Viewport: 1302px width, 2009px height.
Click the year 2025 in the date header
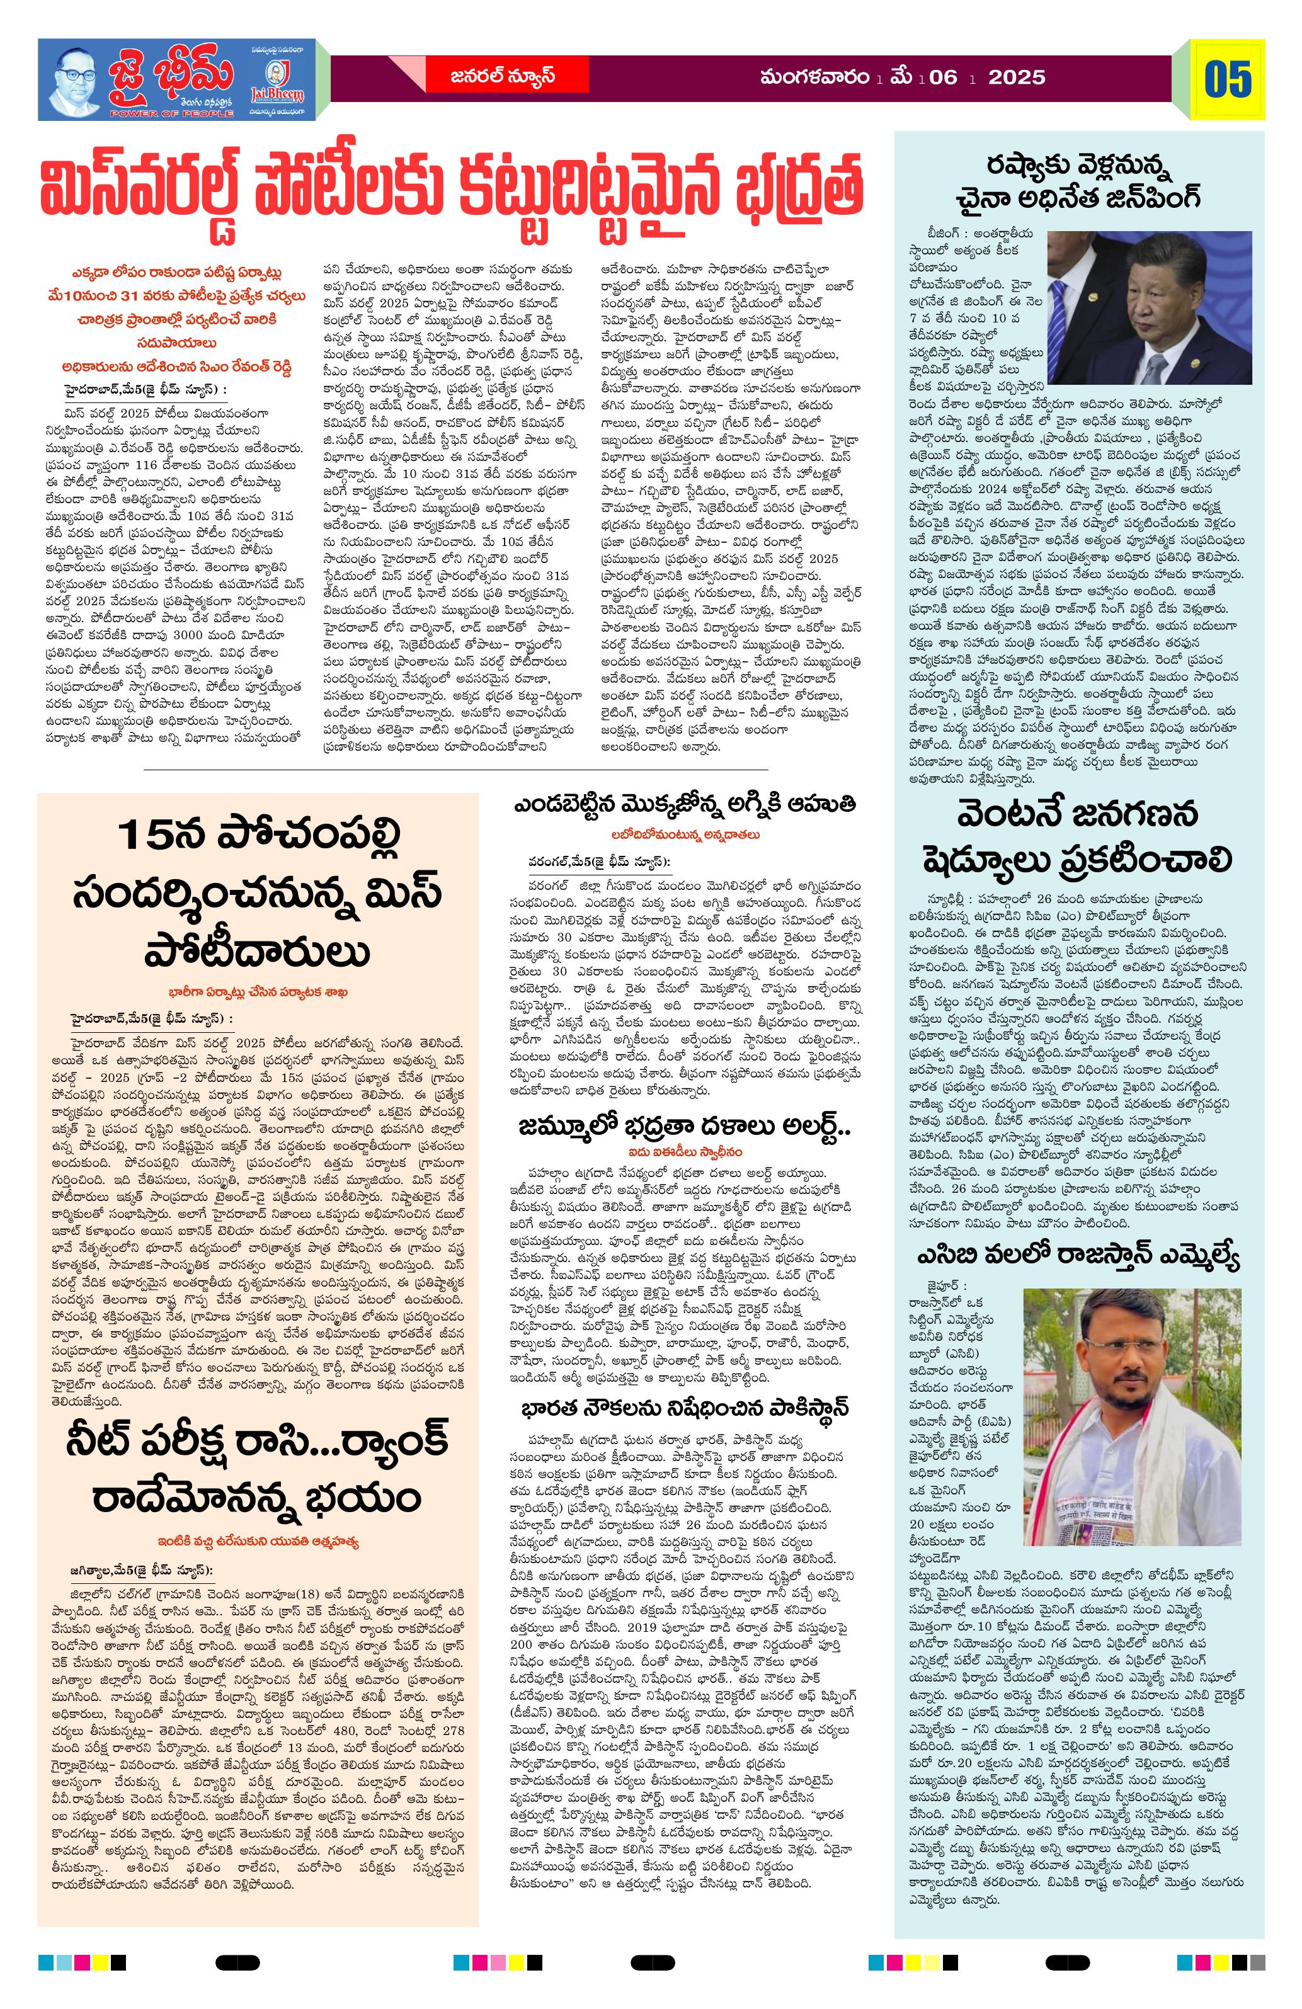point(1017,77)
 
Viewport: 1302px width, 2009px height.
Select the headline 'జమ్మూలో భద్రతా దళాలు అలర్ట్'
point(684,1129)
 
